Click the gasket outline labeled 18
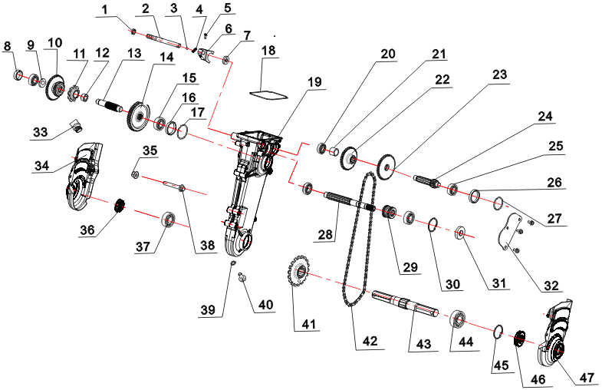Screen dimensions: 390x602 [x=268, y=94]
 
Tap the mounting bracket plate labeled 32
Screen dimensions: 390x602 [x=505, y=234]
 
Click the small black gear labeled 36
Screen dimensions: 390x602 [x=120, y=206]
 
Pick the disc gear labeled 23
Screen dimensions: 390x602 [x=387, y=164]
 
